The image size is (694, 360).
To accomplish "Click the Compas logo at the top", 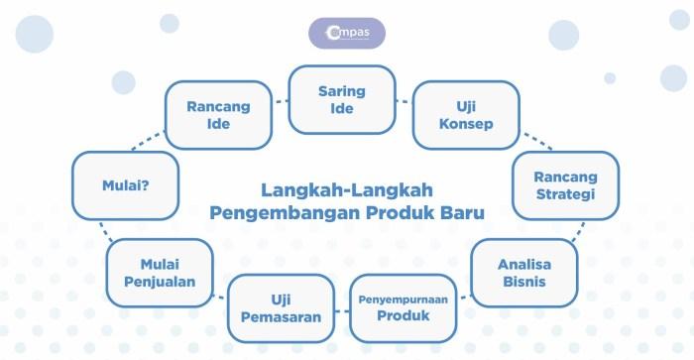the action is tap(347, 33).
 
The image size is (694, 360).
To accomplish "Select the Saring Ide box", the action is tap(342, 99).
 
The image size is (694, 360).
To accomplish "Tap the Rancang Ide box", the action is tap(218, 115).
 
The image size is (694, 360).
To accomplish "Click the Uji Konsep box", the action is tap(466, 115).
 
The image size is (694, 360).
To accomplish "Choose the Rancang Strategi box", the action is tap(566, 185).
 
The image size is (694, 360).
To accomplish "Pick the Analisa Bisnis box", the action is tap(524, 273).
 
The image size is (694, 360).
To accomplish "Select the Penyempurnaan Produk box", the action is tap(404, 308).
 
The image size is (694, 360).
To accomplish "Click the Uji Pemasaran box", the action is tap(281, 308).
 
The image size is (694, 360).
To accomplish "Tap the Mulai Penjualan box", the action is tap(160, 273).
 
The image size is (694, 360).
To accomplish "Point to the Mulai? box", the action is tap(126, 185).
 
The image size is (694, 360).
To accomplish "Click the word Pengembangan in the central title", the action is tap(285, 213).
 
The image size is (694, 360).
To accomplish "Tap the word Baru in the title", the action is tap(462, 212).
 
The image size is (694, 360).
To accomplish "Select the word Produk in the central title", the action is tap(401, 212).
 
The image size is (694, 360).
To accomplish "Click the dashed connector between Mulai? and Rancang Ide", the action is tap(148, 141).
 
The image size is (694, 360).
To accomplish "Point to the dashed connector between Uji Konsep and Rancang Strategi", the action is tap(537, 141).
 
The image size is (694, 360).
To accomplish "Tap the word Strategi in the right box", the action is tap(565, 194).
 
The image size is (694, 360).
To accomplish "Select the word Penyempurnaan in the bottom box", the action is tap(404, 300).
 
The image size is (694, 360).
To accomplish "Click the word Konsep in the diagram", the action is tap(466, 124).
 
